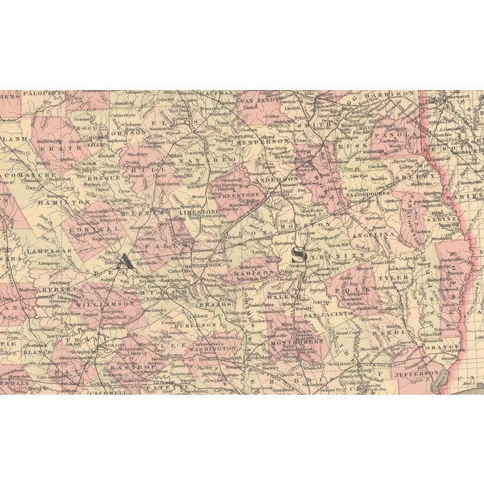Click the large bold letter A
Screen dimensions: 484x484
[x=126, y=260]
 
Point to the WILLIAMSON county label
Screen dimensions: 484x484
[x=107, y=303]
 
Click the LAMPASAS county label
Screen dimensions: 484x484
[x=44, y=250]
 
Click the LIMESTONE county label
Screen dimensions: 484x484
[x=197, y=214]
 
